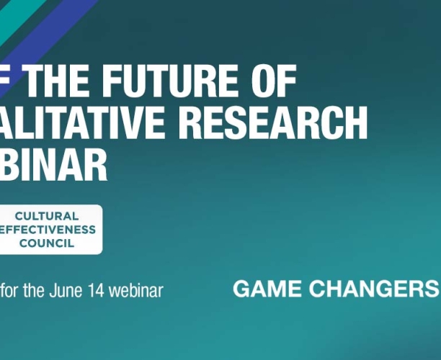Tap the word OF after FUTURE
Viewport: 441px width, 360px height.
pos(270,81)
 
